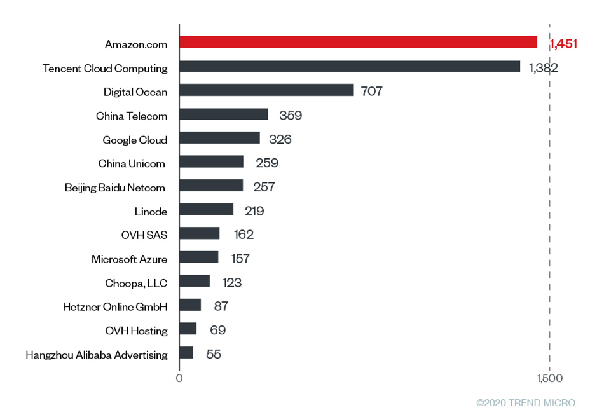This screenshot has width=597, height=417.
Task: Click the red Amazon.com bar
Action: (358, 43)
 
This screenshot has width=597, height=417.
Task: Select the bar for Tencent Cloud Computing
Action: (350, 67)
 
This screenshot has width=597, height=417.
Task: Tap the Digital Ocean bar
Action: (266, 90)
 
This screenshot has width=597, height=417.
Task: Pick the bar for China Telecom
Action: (224, 114)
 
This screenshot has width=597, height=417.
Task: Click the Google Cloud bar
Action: (219, 138)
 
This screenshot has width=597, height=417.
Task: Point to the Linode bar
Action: (207, 210)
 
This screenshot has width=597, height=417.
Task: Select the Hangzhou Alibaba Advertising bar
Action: (186, 353)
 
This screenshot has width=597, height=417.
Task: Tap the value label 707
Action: (371, 92)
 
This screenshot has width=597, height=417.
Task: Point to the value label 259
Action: (267, 163)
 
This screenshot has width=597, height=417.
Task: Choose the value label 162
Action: (243, 235)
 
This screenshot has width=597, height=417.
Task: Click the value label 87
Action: (221, 306)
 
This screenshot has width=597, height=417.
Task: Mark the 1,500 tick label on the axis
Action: (549, 379)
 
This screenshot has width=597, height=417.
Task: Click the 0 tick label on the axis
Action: (179, 379)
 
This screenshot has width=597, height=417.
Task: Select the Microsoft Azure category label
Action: (130, 259)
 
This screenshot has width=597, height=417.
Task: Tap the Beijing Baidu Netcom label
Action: (115, 188)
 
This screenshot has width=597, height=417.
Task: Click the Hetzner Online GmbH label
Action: (115, 307)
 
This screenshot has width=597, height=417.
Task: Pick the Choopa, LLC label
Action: (136, 283)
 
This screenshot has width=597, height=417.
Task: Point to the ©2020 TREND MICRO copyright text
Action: (526, 403)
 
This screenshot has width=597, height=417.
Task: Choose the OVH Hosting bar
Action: (188, 329)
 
